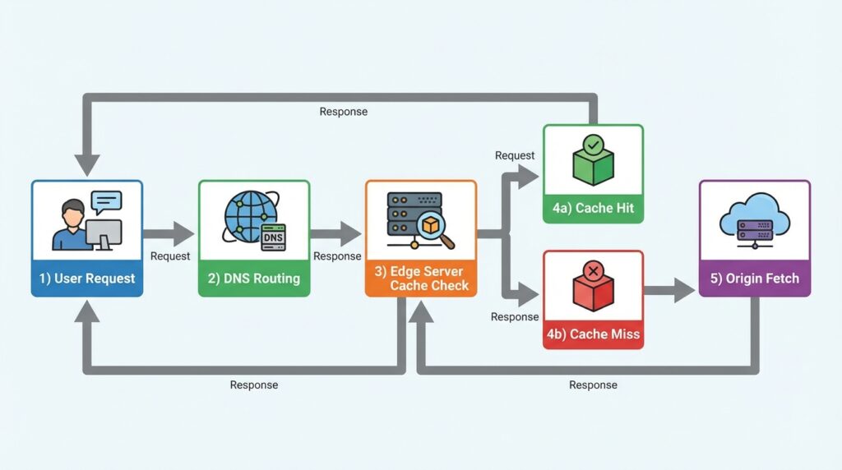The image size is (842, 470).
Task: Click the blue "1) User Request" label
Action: [87, 279]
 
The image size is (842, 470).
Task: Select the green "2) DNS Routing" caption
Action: [254, 279]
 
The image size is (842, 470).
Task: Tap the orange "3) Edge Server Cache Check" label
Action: [421, 278]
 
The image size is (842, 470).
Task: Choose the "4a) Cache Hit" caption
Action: [593, 208]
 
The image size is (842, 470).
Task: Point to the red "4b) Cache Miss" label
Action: [593, 334]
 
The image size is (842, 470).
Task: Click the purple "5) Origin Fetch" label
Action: [754, 279]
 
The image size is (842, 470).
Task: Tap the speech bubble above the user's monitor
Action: [106, 200]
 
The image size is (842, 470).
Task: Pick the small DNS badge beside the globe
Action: [273, 237]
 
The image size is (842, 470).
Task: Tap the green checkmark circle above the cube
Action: [593, 145]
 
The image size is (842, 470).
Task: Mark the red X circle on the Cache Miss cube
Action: [593, 272]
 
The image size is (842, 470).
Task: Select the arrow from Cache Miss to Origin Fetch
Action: [670, 289]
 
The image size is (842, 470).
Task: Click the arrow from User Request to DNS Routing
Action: [169, 233]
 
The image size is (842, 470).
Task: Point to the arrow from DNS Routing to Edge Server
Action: [336, 233]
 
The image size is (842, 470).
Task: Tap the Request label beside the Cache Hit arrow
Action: [515, 155]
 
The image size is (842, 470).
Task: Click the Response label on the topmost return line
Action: [343, 112]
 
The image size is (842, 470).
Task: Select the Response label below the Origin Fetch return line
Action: [593, 385]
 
